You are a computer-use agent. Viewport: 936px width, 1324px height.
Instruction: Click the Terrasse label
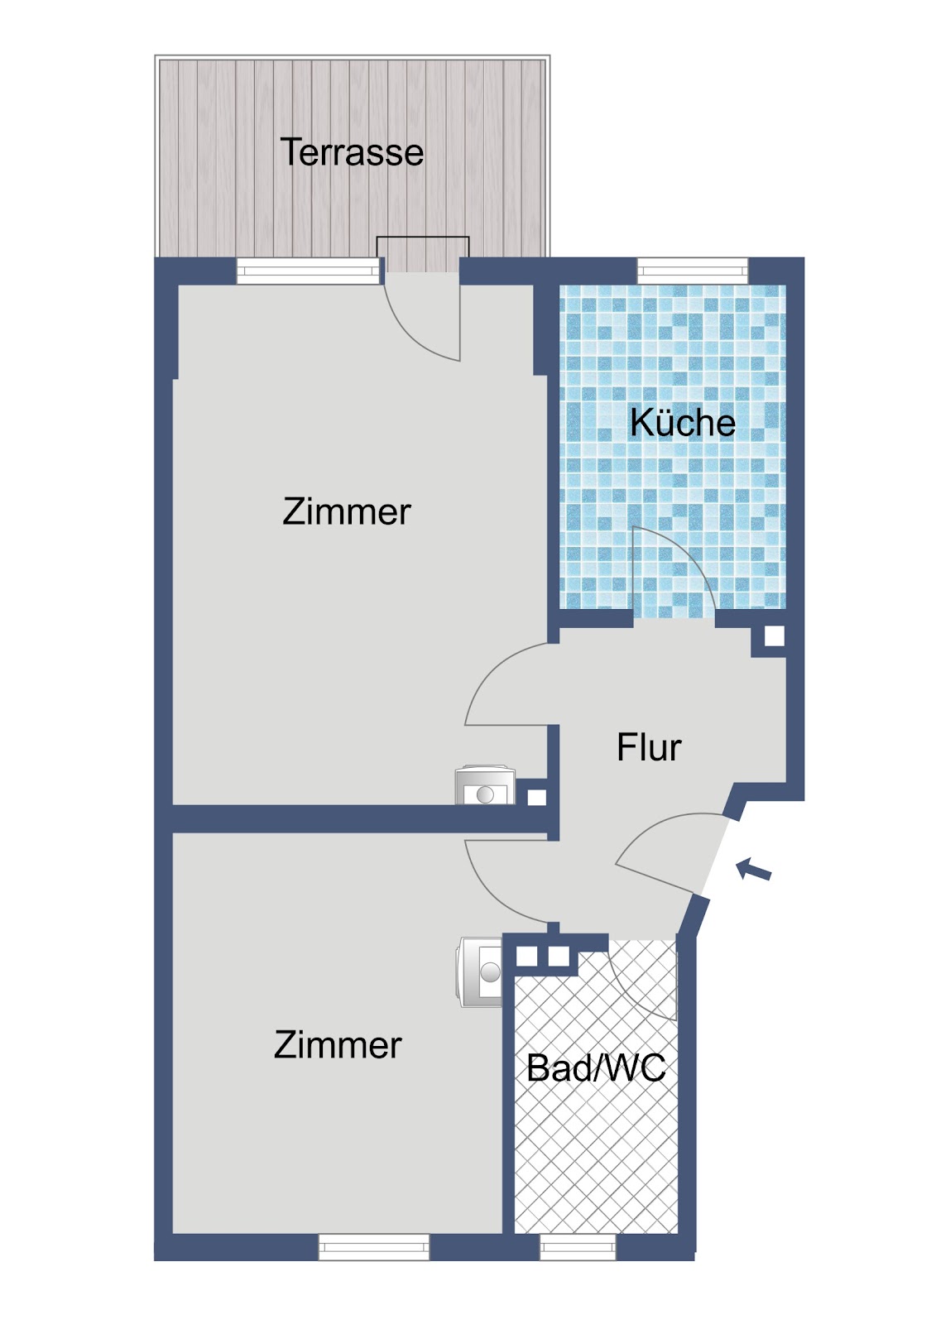pos(352,152)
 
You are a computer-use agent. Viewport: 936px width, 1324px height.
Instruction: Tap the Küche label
pos(682,422)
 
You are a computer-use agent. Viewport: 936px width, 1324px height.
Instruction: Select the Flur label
pos(649,747)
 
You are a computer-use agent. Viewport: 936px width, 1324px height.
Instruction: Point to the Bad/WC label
pos(596,1067)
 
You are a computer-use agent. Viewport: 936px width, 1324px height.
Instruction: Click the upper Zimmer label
pos(347,511)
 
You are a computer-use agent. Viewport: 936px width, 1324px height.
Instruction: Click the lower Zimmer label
pos(338,1045)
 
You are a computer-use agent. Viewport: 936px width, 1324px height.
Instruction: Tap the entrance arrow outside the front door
pos(754,869)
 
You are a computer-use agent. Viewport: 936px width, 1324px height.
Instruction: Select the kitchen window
pos(693,271)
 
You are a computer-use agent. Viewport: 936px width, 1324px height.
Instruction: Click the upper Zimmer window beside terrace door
pos(308,271)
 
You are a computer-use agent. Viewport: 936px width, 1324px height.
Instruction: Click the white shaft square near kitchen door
pos(774,636)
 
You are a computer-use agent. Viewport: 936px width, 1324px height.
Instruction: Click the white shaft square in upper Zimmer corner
pos(536,798)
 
